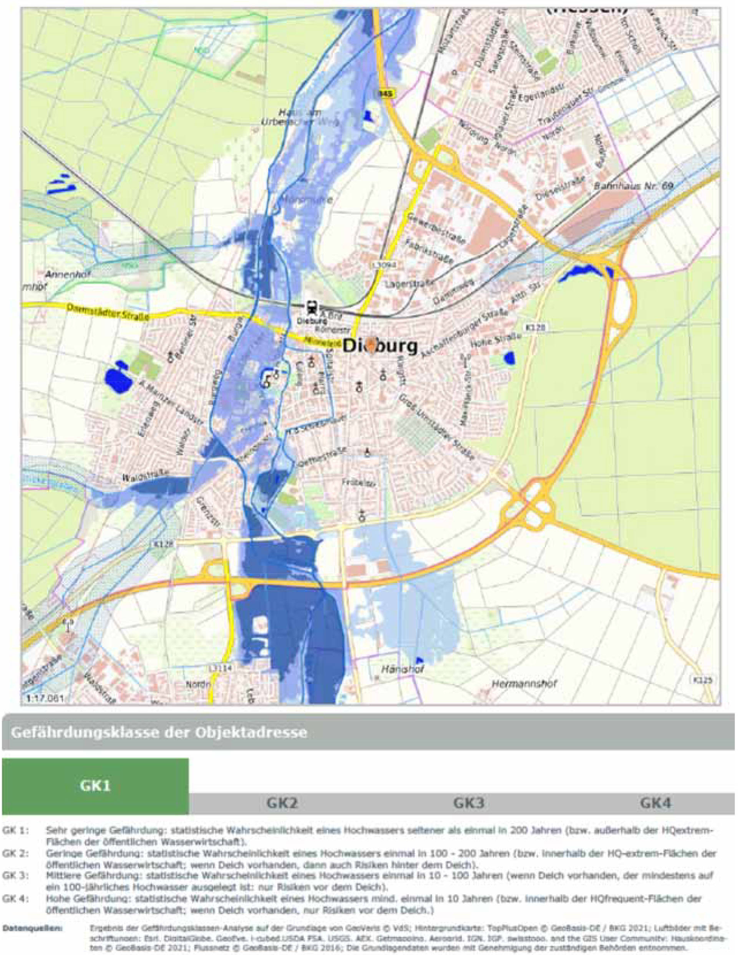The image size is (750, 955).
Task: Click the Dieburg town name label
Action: pyautogui.click(x=380, y=347)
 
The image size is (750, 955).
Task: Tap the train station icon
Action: pyautogui.click(x=312, y=307)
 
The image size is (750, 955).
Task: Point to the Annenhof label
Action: pyautogui.click(x=70, y=274)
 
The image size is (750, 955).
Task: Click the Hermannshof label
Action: pyautogui.click(x=524, y=684)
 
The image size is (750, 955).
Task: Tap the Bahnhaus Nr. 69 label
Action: pyautogui.click(x=633, y=186)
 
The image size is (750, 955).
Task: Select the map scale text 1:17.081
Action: pyautogui.click(x=43, y=698)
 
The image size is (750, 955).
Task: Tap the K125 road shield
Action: pyautogui.click(x=703, y=679)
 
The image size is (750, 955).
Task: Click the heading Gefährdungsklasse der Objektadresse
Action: pyautogui.click(x=159, y=732)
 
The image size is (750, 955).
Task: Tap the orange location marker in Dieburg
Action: pyautogui.click(x=372, y=345)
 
